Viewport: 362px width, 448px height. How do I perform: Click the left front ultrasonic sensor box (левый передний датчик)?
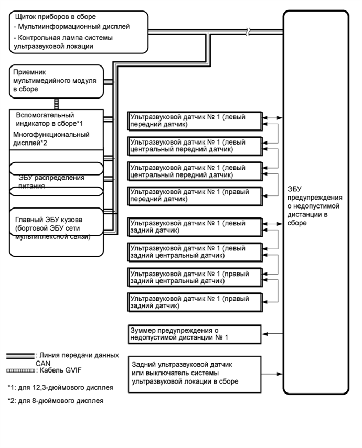195,121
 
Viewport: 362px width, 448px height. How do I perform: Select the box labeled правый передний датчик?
195,196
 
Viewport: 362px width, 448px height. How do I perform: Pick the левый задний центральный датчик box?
195,252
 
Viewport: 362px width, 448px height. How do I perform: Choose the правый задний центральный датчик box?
195,277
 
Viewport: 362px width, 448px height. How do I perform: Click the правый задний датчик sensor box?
195,302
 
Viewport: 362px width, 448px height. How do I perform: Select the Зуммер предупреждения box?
195,333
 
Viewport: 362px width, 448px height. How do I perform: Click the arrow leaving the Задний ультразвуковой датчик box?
273,374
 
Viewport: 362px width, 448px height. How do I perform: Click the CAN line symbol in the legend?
20,356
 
